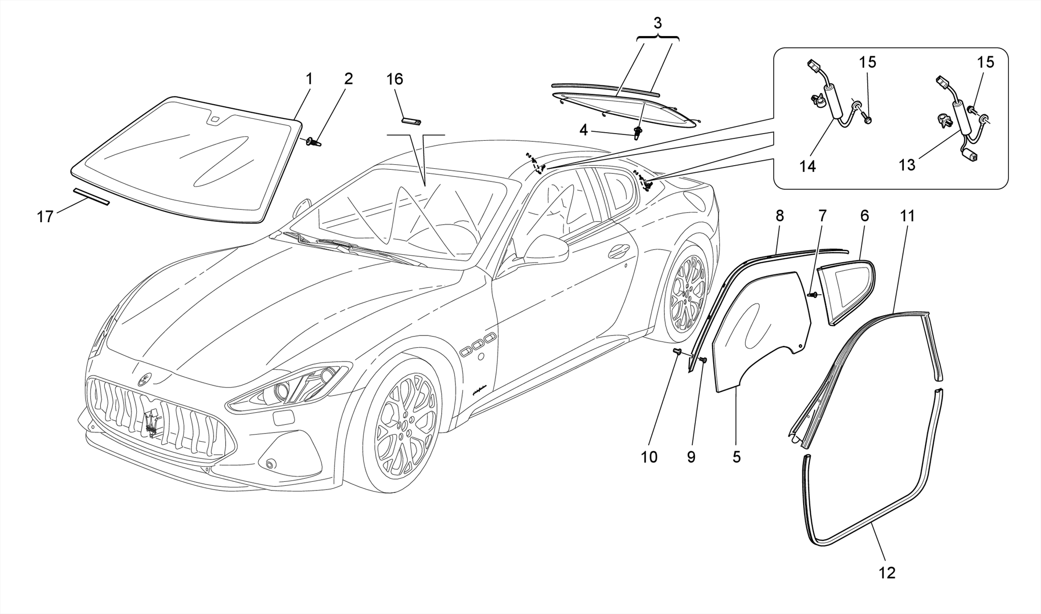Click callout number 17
[45, 217]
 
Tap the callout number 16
[394, 79]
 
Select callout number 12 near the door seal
[886, 573]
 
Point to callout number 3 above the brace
[658, 23]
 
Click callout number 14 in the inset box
[807, 166]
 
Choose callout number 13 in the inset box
[907, 165]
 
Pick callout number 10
[649, 457]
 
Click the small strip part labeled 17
[91, 197]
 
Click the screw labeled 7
[812, 294]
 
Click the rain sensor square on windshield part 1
[215, 120]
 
